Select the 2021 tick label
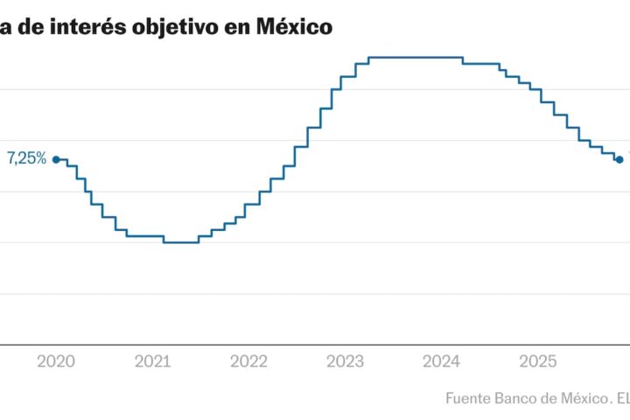(x=153, y=360)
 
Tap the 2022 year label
(x=249, y=360)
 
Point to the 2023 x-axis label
(x=345, y=360)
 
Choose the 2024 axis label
(x=441, y=360)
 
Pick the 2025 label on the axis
(x=536, y=360)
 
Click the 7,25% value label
(x=27, y=158)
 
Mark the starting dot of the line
(x=56, y=159)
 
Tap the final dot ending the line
(x=619, y=159)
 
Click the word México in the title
(x=294, y=27)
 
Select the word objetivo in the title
(x=178, y=27)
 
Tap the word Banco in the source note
(x=516, y=398)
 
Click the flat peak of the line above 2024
(x=416, y=58)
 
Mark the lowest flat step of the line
(x=181, y=242)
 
